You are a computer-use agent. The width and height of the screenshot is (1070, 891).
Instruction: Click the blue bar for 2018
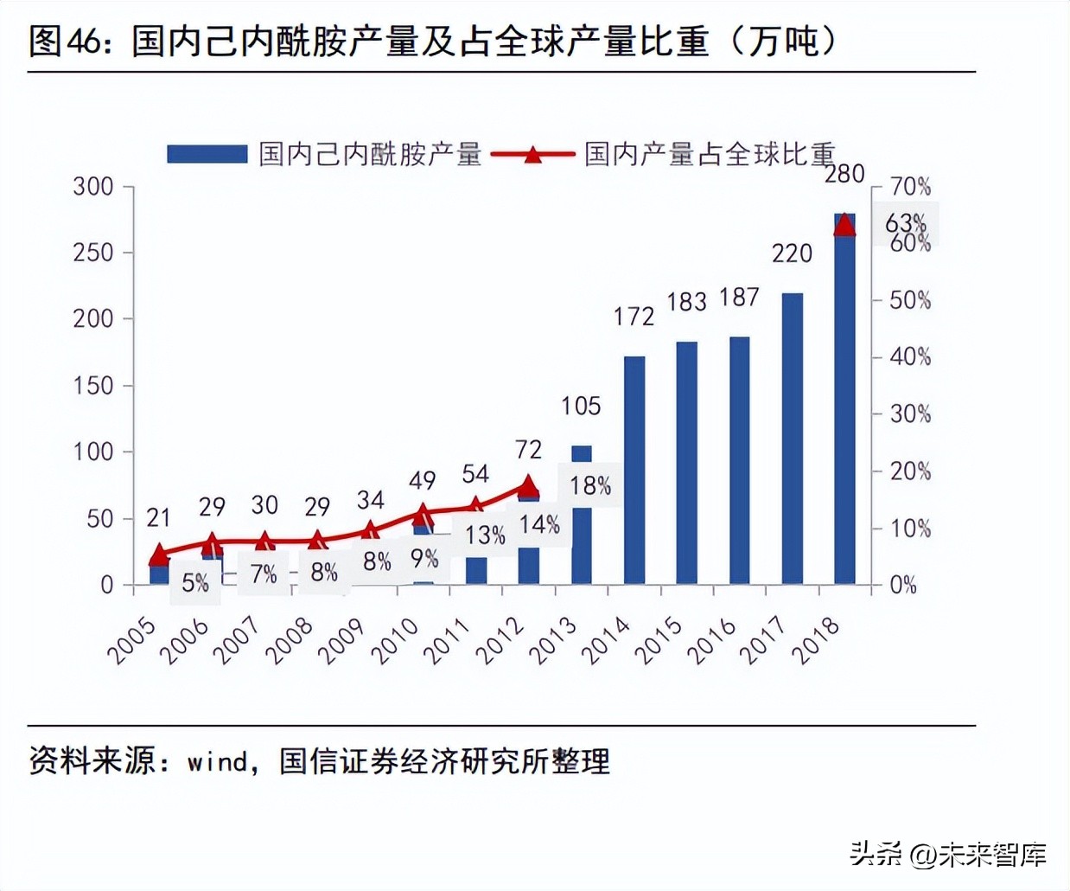[x=844, y=407]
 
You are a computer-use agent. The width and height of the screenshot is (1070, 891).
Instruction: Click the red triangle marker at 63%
[x=844, y=225]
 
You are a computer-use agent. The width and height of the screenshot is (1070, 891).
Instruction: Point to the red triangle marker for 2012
[x=528, y=485]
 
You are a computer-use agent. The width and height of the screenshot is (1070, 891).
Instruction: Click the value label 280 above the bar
[x=844, y=174]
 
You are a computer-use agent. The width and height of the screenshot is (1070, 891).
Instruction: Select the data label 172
[x=634, y=317]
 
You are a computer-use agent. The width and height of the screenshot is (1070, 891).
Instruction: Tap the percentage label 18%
[x=590, y=485]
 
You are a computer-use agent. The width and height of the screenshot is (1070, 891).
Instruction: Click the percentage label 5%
[x=195, y=583]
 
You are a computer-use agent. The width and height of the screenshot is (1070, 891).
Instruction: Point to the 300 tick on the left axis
[x=93, y=186]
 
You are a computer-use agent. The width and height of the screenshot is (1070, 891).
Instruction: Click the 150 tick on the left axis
[x=93, y=386]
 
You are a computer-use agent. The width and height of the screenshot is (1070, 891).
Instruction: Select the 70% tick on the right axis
[x=910, y=186]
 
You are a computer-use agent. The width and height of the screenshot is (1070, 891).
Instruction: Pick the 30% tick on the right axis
[x=910, y=413]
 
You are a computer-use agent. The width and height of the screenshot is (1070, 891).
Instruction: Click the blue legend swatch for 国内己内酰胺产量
[x=207, y=154]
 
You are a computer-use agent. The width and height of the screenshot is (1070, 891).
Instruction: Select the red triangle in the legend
[x=532, y=155]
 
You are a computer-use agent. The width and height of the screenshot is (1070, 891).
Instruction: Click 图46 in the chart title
[x=66, y=42]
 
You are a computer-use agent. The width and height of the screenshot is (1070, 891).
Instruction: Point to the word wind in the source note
[x=217, y=761]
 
